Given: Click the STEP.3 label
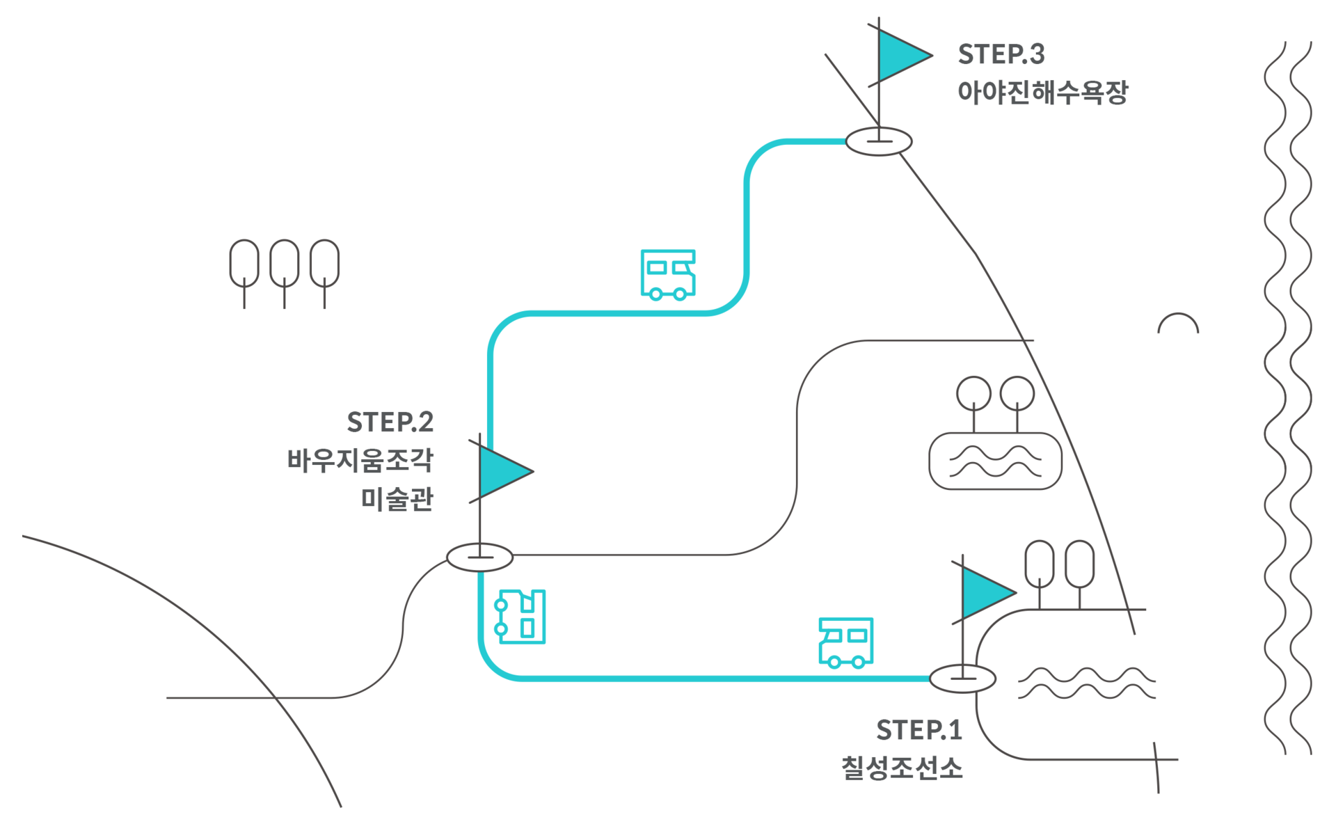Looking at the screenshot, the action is tap(1001, 54).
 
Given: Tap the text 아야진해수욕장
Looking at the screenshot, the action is tap(1042, 92).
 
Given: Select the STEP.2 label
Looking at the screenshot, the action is tap(390, 422).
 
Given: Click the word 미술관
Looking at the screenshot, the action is tap(397, 498).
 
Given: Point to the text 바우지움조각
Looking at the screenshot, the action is tap(360, 460).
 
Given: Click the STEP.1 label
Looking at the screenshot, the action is tap(919, 730).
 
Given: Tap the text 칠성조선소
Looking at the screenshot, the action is tap(902, 768).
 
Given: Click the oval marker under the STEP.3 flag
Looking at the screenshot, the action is tap(879, 141).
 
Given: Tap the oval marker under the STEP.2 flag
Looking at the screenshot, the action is tap(479, 557).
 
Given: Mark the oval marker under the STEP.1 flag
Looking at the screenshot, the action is tap(963, 679).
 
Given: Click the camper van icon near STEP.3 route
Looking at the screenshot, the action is tap(668, 275).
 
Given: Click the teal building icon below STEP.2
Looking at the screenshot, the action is tap(520, 617).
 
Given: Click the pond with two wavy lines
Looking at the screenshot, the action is tap(996, 461).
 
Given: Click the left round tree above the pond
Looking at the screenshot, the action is tap(973, 393).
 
